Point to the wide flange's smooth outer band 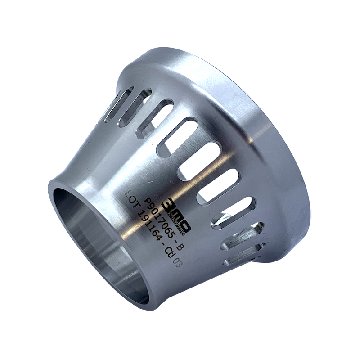(x=265, y=135)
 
